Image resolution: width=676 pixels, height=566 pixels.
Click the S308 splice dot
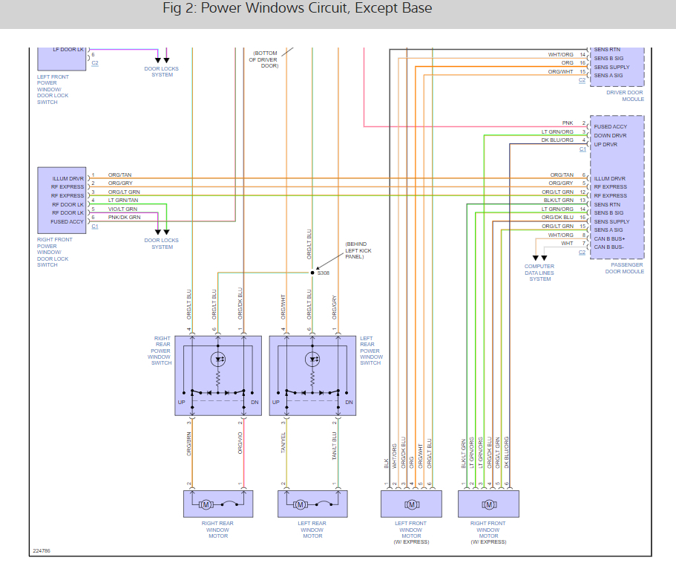coord(312,273)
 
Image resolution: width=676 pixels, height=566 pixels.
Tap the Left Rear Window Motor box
coord(312,504)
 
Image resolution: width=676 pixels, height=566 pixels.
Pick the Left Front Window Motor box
coord(411,504)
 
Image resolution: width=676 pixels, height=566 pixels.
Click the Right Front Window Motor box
coord(488,504)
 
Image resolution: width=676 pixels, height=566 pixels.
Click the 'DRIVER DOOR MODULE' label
coord(625,96)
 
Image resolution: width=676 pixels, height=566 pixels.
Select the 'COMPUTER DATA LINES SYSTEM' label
coord(539,273)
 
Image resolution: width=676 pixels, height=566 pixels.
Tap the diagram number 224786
coord(42,551)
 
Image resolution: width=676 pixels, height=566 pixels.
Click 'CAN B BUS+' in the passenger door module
coord(610,238)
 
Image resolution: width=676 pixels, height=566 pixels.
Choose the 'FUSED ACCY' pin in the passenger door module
coord(611,127)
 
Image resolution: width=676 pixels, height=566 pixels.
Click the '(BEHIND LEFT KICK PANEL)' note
coord(356,250)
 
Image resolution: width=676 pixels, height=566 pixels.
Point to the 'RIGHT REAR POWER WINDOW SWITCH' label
coord(162,351)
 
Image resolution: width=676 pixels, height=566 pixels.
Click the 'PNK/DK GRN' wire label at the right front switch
coord(124,218)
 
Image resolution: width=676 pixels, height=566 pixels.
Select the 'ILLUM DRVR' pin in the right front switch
coord(68,179)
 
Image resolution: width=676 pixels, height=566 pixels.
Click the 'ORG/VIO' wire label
coord(241,443)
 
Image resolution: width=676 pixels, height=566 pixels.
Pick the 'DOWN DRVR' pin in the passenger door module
coord(611,136)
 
